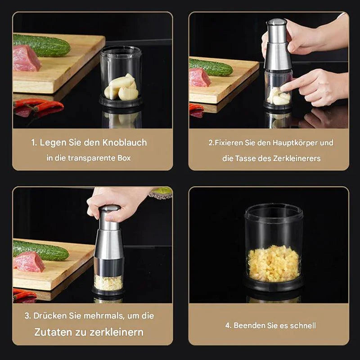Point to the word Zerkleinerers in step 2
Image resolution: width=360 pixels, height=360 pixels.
[x=298, y=158]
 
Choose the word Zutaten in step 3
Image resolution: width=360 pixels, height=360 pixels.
[x=54, y=333]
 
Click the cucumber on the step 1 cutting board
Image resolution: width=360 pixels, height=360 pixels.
[x=41, y=45]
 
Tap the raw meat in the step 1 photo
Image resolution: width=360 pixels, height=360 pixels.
[x=26, y=58]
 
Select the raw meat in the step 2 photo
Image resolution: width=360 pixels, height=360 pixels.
[x=199, y=78]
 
